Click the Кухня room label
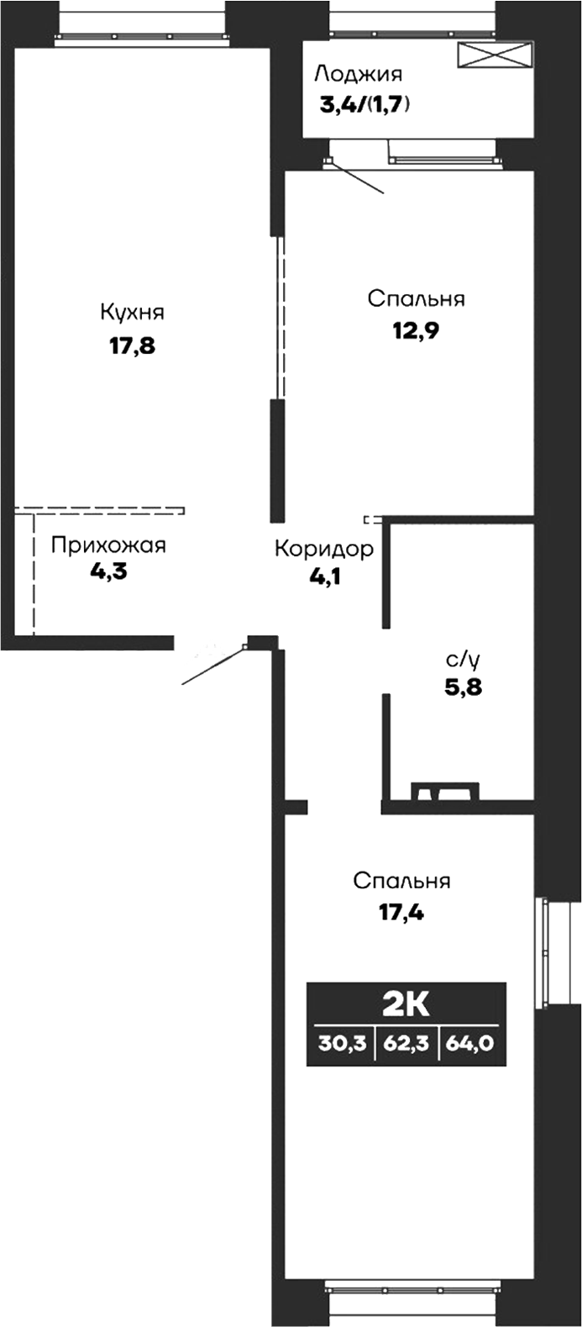point(132,313)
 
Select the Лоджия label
point(359,74)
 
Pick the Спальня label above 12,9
point(416,299)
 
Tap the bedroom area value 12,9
point(416,329)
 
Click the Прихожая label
point(108,545)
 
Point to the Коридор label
point(323,550)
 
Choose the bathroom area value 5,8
point(463,690)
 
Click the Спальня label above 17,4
point(401,881)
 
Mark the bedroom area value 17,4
point(401,911)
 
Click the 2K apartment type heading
point(406,1003)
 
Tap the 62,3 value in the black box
point(406,1041)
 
